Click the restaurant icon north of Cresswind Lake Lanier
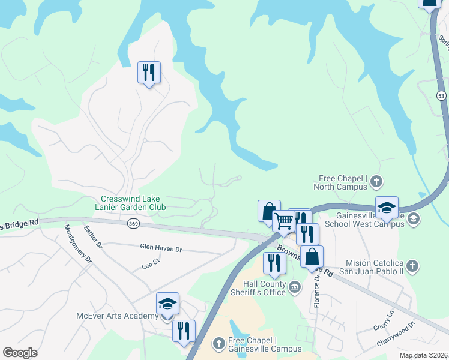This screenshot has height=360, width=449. pos(148,73)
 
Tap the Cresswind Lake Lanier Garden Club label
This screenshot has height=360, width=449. pos(133,203)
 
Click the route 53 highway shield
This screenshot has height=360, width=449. pos(441,95)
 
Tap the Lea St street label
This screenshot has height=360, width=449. pos(150,262)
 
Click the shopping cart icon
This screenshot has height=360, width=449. pos(283,221)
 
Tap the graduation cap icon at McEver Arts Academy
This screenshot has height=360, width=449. pos(167,304)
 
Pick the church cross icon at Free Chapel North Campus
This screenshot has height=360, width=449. pos(376,181)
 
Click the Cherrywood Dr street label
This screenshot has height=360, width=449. pos(396,334)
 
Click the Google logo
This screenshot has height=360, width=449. pos(20,352)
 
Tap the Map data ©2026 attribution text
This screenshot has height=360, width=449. pos(423,355)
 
